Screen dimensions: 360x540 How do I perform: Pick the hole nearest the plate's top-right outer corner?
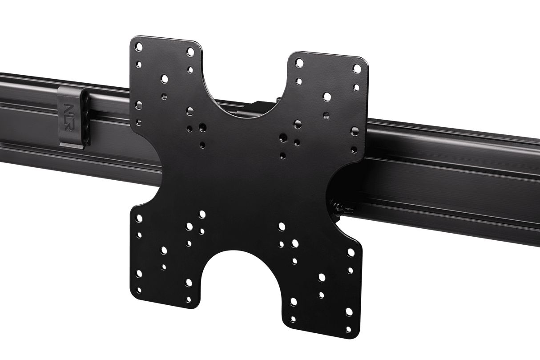[x=357, y=69]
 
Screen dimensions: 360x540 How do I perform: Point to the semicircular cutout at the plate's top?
[x=242, y=89]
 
